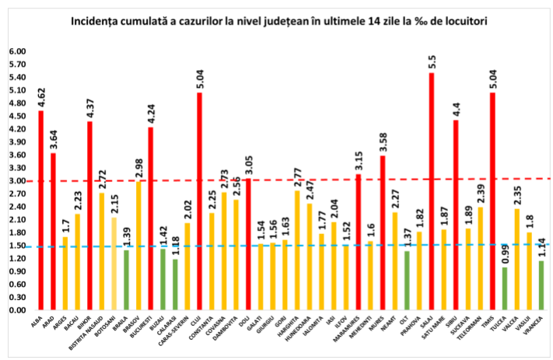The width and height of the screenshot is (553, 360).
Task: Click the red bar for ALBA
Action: [40, 210]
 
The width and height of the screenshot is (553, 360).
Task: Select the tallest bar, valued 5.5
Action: [432, 190]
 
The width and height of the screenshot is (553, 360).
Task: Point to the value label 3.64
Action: [53, 140]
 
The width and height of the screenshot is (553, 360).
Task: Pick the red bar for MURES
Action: [383, 232]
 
